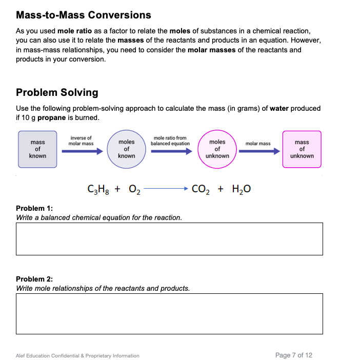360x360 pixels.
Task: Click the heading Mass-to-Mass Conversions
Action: pyautogui.click(x=84, y=15)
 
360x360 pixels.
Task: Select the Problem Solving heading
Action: pyautogui.click(x=57, y=92)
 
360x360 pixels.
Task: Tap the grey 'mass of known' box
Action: pyautogui.click(x=37, y=149)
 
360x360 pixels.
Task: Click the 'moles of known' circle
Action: pyautogui.click(x=126, y=149)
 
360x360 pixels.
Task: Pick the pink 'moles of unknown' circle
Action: pyautogui.click(x=217, y=149)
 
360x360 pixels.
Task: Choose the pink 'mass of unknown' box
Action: pyautogui.click(x=302, y=149)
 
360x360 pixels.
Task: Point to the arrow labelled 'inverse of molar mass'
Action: pyautogui.click(x=81, y=151)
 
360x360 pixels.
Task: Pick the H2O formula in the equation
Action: pyautogui.click(x=241, y=189)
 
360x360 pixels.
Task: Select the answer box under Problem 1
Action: pyautogui.click(x=169, y=239)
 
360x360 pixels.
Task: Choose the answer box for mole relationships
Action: pyautogui.click(x=169, y=314)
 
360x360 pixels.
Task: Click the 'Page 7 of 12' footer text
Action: pyautogui.click(x=293, y=355)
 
